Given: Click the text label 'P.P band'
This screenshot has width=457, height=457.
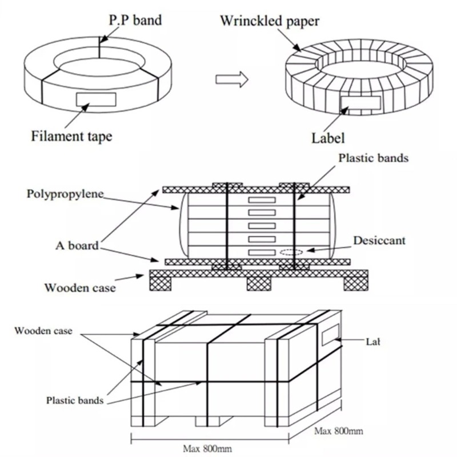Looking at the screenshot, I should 135,21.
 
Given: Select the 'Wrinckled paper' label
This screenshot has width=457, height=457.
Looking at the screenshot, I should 269,22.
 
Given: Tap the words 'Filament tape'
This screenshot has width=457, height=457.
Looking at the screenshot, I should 71,136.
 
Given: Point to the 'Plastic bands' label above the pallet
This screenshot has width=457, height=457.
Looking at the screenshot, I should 374,158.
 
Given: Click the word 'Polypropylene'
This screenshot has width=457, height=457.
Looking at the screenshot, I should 65,193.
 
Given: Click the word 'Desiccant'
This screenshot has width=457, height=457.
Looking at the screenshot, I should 379,240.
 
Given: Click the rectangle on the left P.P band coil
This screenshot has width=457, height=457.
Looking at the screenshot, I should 95,99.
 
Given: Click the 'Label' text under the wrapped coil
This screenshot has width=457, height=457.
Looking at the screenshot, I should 328,138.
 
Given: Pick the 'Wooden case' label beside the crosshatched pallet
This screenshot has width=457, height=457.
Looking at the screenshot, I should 80,287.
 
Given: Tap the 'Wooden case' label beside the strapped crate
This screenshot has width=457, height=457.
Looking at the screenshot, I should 43,331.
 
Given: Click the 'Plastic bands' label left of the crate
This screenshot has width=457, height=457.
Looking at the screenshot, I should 75,400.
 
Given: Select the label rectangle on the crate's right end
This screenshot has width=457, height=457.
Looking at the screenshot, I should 331,336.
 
